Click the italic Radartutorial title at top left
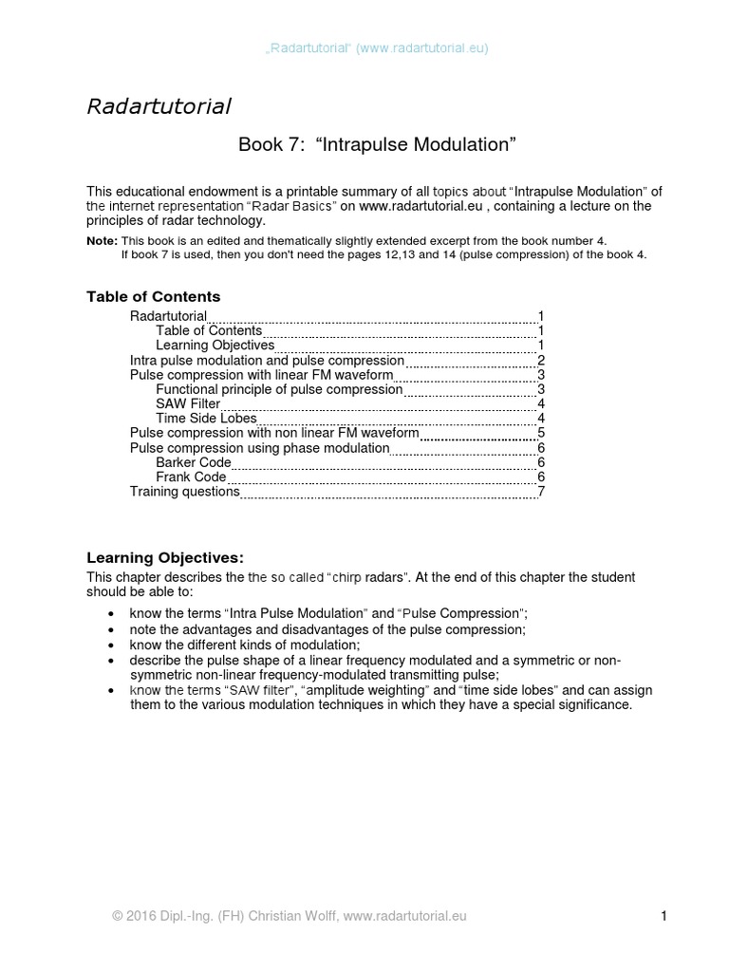coord(159,106)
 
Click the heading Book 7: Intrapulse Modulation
coord(376,144)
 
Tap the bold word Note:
coord(102,242)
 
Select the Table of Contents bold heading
coord(153,297)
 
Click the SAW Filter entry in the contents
coord(188,403)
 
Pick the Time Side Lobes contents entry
coord(206,418)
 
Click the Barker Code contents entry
coord(193,462)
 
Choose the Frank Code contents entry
coord(191,477)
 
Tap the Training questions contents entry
coord(184,492)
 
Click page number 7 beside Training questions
coord(540,492)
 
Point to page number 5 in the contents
coord(540,433)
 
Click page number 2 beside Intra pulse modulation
coord(540,361)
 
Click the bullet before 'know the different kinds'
coord(114,645)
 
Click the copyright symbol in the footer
coord(117,916)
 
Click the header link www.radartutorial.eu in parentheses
coord(422,47)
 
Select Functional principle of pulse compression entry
coord(279,389)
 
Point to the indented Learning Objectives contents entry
coord(215,346)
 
